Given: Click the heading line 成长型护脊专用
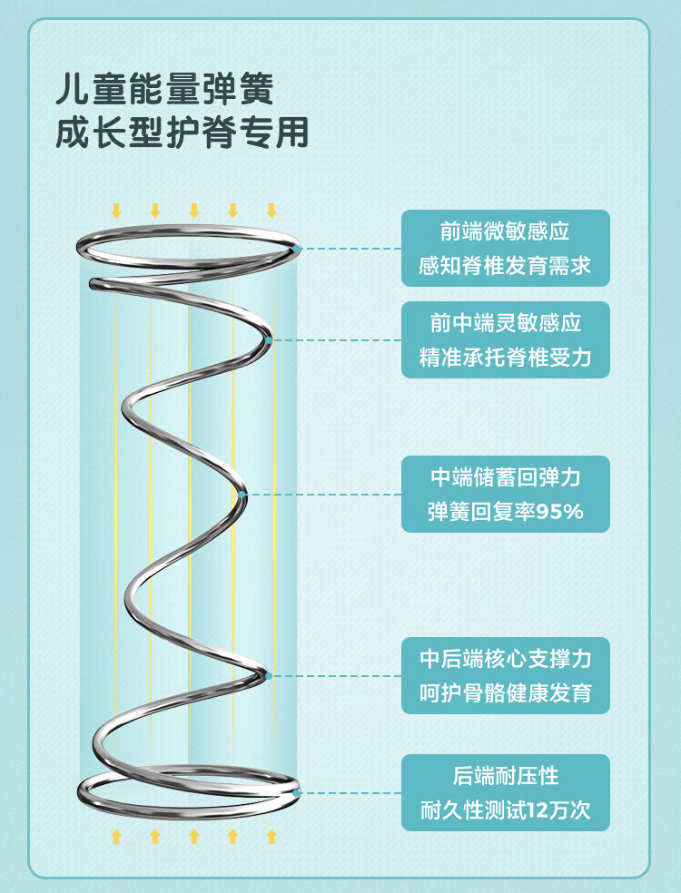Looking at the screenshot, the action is point(182,132).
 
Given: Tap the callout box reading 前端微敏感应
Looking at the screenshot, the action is point(506,249).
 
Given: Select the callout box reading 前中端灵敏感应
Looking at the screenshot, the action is point(506,339).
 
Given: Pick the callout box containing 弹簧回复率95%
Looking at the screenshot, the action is point(506,494).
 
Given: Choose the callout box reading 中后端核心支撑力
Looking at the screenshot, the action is point(506,675).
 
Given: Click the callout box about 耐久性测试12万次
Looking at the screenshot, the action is point(506,792).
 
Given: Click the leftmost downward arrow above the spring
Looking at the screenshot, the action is point(116,211).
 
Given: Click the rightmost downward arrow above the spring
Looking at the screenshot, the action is point(271,211).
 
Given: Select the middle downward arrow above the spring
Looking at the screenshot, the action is point(193,211).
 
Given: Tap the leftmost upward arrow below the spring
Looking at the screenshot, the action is point(116,836).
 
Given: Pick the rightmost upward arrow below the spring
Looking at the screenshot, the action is point(271,836).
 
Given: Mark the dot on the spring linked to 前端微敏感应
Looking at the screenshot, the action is point(297,248).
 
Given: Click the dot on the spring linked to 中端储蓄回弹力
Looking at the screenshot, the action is point(243,495).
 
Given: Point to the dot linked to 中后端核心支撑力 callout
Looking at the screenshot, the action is point(269,675).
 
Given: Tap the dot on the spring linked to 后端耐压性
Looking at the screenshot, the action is point(297,792).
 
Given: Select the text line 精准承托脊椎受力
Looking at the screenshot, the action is point(506,358).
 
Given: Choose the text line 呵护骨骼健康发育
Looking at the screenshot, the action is point(506,694).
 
